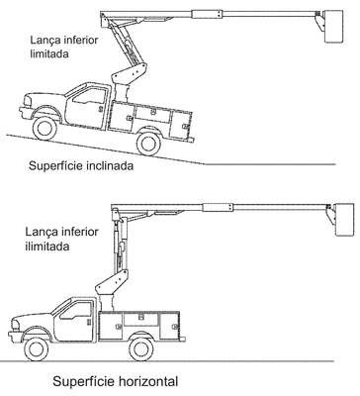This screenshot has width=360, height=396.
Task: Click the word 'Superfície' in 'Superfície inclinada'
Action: point(55,165)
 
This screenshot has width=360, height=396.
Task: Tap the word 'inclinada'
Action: point(110,165)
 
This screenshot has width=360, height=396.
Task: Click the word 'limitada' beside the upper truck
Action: point(49,53)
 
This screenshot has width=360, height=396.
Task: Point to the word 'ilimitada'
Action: point(47,247)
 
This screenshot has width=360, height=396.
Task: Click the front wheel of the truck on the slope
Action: point(45,128)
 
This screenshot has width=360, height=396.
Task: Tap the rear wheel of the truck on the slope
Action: point(148,144)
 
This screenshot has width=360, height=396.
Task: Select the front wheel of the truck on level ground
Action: point(37,349)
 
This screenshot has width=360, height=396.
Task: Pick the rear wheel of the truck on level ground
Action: point(141,349)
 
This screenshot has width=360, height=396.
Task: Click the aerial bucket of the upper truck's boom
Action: point(334,27)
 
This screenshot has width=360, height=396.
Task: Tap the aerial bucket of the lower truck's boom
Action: point(344,220)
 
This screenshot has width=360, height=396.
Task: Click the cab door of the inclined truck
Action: point(86,106)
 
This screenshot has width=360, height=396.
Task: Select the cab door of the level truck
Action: point(74,321)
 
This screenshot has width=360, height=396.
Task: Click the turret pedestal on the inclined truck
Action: point(121,93)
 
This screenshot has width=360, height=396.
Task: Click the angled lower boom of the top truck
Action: point(128,42)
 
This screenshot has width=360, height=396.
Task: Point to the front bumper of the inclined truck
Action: point(25,112)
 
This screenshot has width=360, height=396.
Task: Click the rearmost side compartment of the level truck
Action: point(170,326)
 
